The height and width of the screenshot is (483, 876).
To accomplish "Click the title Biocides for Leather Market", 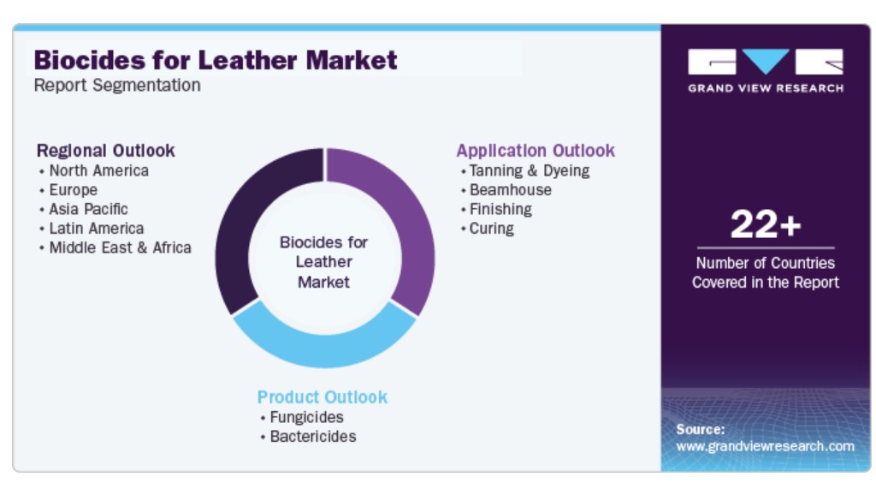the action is tap(216, 60).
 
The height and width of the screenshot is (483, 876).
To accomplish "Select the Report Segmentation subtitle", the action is tap(117, 86).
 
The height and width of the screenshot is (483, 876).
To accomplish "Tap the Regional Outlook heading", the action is tap(105, 151).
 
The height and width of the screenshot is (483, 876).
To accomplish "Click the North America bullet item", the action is tap(99, 170).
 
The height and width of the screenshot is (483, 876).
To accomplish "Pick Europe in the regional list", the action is tap(74, 190).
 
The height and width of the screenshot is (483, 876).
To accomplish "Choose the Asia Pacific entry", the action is tap(88, 209).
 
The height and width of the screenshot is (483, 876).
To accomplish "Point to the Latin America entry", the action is tap(97, 228).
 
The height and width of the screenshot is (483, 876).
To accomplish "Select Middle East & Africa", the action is tap(120, 247).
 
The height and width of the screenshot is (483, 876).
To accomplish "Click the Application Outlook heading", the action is tap(536, 151).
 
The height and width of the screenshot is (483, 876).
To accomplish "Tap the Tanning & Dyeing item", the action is tap(530, 170).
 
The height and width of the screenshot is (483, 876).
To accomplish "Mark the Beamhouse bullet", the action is tap(511, 190).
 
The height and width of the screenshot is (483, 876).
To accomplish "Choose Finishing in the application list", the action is tap(500, 209).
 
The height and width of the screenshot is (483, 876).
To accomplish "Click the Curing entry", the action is tap(492, 229).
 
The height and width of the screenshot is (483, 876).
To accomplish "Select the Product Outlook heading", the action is tap(323, 397).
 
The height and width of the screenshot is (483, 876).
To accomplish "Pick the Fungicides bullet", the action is tap(307, 417).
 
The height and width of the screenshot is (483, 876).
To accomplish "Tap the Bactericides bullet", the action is tap(313, 437).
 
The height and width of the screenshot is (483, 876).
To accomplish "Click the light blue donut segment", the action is tap(324, 348).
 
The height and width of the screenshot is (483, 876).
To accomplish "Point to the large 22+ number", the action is tap(766, 224).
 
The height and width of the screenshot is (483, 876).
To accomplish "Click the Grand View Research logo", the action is tap(766, 70).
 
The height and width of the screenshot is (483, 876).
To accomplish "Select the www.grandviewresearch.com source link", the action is tap(765, 446).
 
